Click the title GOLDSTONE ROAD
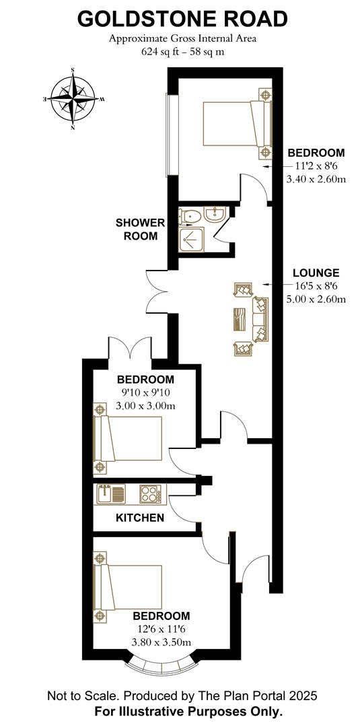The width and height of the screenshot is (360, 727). [x=182, y=19]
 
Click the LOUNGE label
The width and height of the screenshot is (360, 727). [x=316, y=273]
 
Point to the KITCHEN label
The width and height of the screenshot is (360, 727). [x=140, y=518]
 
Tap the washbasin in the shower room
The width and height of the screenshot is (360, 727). [x=216, y=216]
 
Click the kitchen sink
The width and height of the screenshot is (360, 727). [x=110, y=494]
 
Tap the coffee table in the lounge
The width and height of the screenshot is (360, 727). [x=240, y=318]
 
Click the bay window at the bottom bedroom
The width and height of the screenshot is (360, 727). [x=161, y=667]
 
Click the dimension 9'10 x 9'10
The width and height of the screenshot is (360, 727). [x=145, y=393]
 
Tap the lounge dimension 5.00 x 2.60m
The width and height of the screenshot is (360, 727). [x=316, y=299]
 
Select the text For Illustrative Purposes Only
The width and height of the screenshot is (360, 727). [x=181, y=711]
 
